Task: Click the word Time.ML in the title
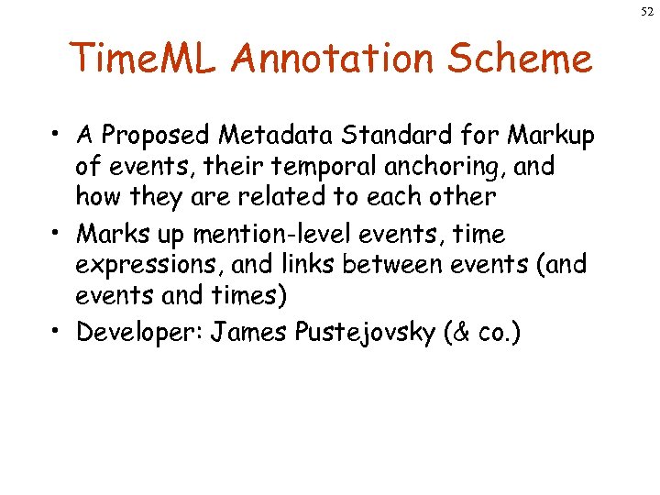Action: [146, 60]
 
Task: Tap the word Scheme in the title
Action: [524, 60]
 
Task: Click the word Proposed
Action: [157, 136]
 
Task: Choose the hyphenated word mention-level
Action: [274, 235]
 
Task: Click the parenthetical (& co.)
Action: [482, 332]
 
